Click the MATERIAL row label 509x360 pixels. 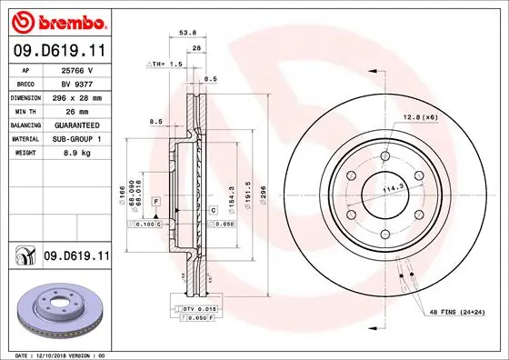[25, 139]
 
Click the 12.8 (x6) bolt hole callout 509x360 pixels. [419, 117]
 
